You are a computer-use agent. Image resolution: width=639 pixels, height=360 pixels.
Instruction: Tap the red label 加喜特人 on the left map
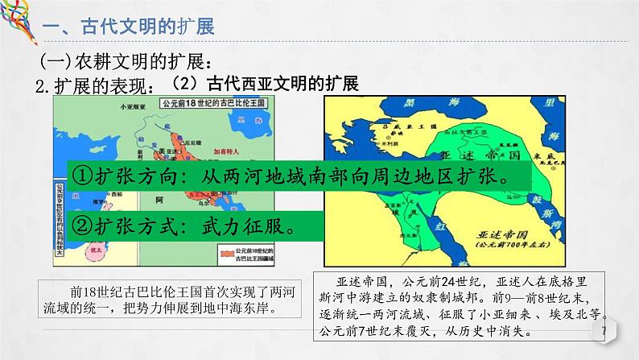229,151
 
